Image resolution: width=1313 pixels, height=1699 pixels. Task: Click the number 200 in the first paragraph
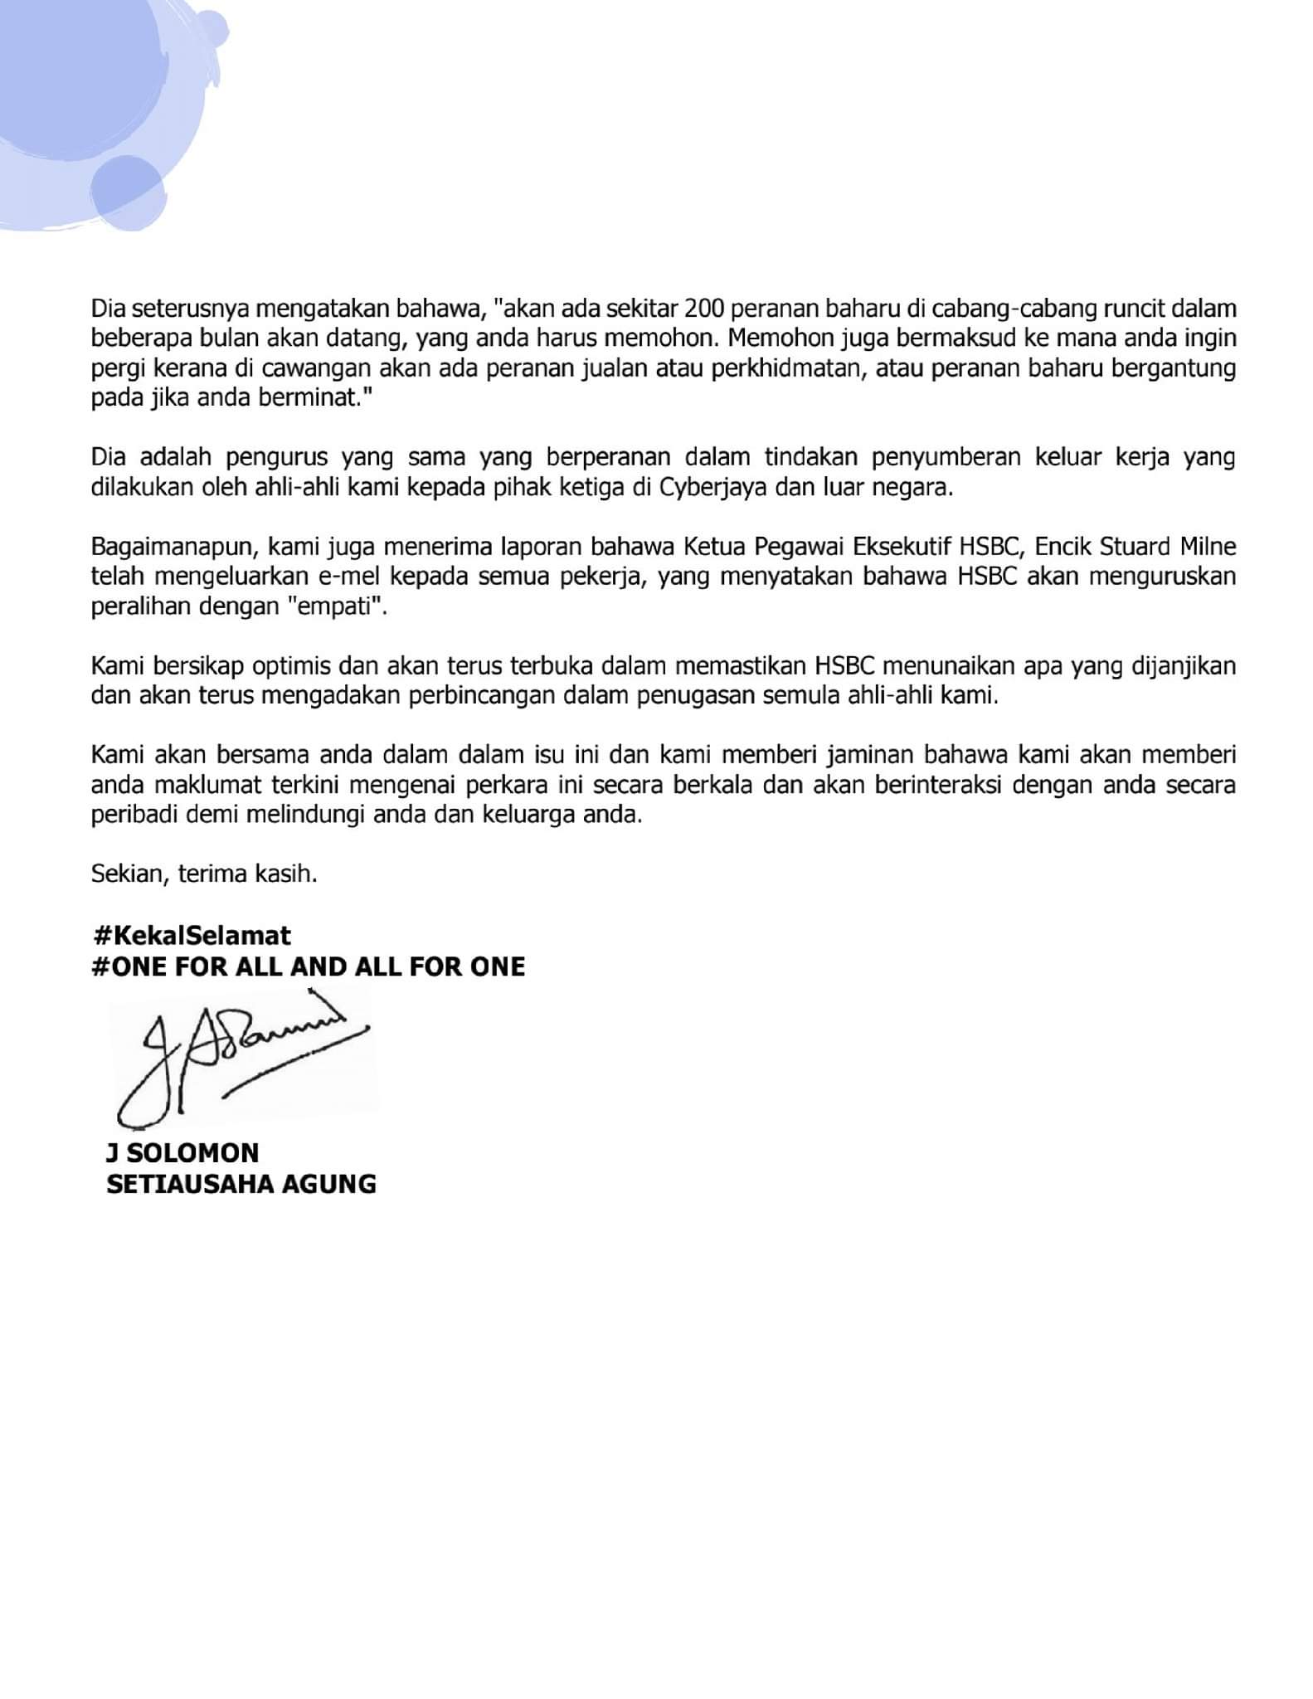point(704,309)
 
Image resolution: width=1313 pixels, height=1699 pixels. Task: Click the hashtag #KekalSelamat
point(192,936)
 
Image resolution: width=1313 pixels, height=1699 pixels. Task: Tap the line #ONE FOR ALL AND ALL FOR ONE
point(309,966)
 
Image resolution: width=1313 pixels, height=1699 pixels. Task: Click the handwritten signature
point(241,1062)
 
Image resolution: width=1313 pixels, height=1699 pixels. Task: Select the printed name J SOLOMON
point(182,1152)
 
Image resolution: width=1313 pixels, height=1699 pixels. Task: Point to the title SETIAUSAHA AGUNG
point(241,1183)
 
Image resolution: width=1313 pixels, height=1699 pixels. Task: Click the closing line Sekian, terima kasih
point(204,874)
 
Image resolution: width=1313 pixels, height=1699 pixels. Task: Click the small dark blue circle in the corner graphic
point(127,191)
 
